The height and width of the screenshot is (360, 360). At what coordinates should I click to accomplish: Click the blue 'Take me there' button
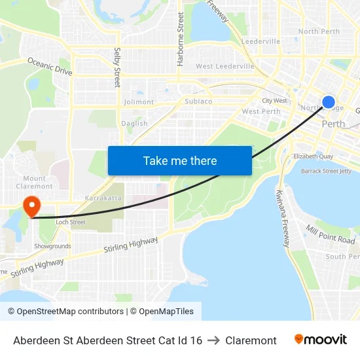[179, 160]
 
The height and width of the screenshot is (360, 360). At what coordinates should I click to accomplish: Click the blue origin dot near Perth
[329, 102]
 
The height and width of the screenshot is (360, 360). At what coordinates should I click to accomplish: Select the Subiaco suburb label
[198, 101]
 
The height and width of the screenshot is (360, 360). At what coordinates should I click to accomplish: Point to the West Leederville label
[225, 67]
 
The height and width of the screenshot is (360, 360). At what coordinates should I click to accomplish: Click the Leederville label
[261, 41]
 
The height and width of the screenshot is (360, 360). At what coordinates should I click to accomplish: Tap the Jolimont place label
[139, 102]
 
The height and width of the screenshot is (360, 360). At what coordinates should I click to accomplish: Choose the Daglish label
[134, 124]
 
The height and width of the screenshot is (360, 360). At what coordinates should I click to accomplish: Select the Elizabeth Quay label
[314, 156]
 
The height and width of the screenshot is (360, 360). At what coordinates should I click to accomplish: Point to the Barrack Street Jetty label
[325, 171]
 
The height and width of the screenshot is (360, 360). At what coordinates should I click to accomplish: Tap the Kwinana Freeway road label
[283, 218]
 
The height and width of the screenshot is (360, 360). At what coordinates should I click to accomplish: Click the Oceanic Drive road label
[50, 66]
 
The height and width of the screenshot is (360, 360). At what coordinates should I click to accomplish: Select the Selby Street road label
[117, 67]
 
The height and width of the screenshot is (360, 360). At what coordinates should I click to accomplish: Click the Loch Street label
[70, 223]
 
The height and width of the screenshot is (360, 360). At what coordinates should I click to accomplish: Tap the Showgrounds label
[52, 246]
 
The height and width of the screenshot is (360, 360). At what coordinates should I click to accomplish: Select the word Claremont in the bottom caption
[251, 340]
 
